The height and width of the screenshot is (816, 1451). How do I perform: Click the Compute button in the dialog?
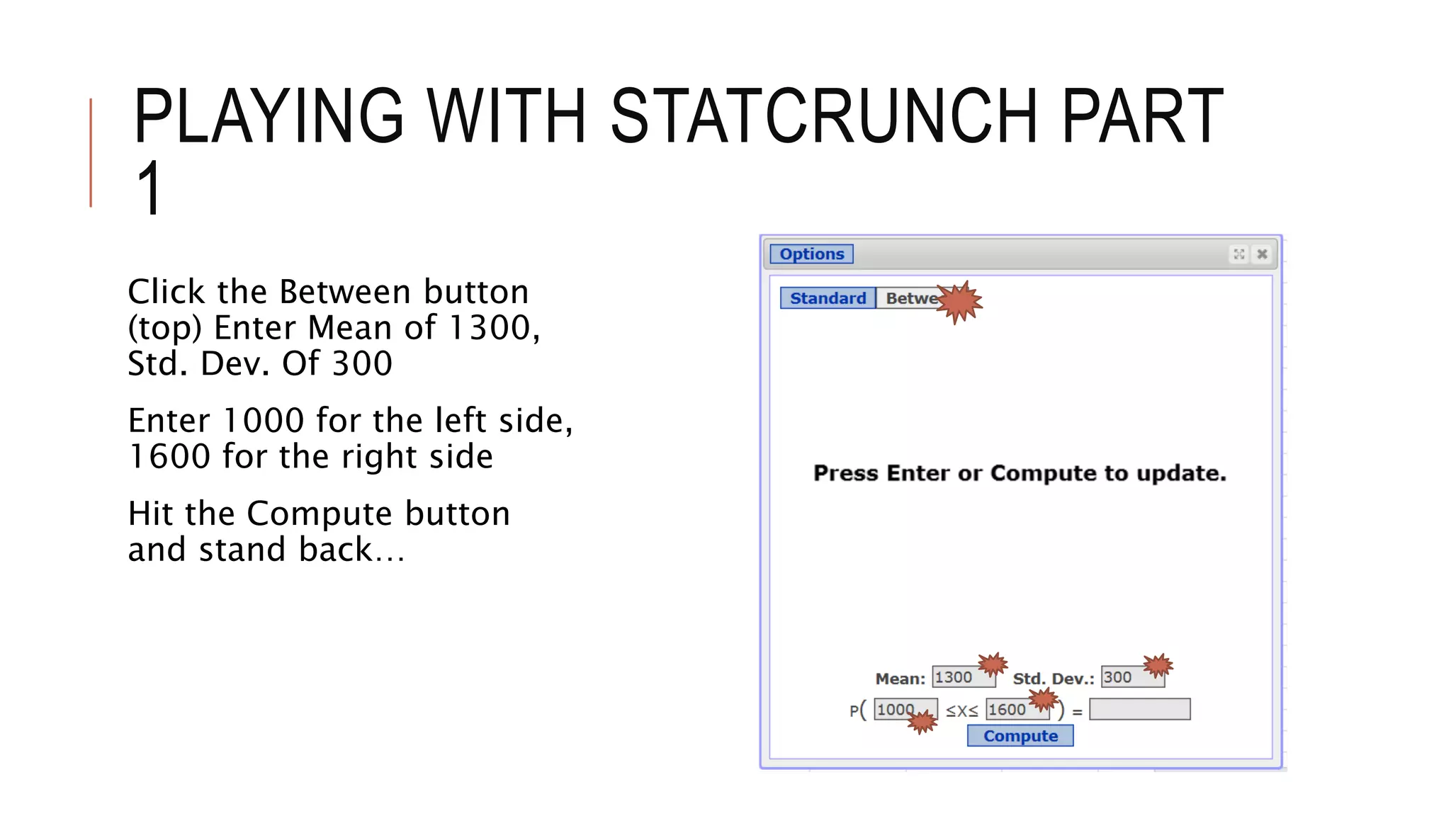coord(1020,736)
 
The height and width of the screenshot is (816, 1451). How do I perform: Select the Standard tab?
coord(828,298)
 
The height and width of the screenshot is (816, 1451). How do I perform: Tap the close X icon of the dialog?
coord(1262,254)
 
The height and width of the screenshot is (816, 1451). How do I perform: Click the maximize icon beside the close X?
coord(1238,254)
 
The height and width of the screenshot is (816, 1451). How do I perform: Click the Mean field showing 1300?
coord(956,677)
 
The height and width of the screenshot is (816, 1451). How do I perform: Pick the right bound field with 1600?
coord(1010,709)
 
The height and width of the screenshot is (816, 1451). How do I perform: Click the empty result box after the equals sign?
coord(1139,709)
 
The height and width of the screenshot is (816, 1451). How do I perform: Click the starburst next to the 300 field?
coord(1158,665)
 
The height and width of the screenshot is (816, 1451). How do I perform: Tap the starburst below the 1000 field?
coord(922,722)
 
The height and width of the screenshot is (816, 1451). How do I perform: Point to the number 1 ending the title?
coord(149,188)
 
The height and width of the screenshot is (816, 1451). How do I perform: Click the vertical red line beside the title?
coord(91,152)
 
